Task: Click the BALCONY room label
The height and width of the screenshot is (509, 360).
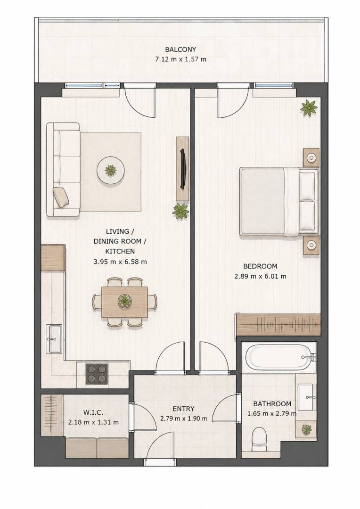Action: (180, 49)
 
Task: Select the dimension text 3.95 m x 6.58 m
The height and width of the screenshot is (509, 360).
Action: (120, 261)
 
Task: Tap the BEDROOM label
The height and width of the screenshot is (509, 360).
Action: (261, 266)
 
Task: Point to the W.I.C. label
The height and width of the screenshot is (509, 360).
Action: (93, 412)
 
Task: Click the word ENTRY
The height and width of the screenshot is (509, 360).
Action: (183, 409)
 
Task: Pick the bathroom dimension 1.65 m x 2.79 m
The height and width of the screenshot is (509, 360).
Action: (272, 414)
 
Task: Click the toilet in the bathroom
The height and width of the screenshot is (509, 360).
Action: (259, 439)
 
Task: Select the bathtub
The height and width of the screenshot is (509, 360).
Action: (279, 356)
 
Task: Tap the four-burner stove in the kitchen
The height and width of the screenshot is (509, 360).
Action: (97, 374)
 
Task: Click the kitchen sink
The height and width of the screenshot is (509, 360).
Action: (55, 338)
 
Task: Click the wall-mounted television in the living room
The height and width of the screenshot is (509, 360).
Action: (183, 169)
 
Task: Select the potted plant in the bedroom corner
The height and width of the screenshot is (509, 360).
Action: (309, 108)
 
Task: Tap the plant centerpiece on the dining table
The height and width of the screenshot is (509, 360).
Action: (125, 301)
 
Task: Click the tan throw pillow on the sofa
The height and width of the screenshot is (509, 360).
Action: (61, 197)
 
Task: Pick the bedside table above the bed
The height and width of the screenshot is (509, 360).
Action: (311, 157)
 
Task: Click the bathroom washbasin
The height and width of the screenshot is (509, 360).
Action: (306, 397)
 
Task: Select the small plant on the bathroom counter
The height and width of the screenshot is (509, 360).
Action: (306, 430)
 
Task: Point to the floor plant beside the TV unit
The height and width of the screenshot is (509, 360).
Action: (180, 211)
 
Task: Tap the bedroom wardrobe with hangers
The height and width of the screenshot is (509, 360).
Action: (278, 324)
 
